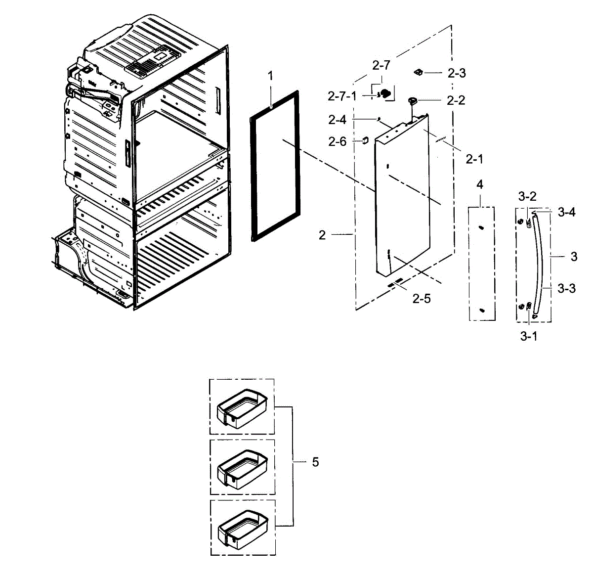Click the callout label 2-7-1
pos(342,96)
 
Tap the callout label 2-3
pos(457,73)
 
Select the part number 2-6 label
pos(338,141)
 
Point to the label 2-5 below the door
pos(422,299)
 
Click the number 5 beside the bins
pos(315,462)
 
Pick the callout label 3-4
pos(567,212)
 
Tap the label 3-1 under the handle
pos(528,336)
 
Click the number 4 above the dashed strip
pos(480,185)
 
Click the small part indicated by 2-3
pos(418,73)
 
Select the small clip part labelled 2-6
pos(365,140)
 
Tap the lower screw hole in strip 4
pos(481,310)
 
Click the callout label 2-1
pos(474,159)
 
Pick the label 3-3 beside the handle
pos(566,288)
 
